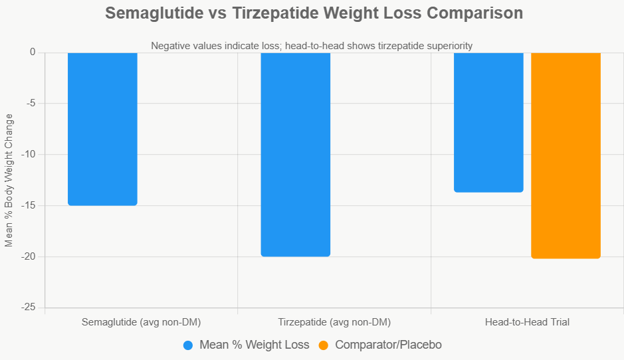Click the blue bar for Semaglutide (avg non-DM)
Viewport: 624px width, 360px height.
[x=102, y=129]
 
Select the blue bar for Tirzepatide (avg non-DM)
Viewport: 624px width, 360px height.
[x=295, y=154]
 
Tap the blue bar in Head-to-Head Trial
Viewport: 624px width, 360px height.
[x=488, y=122]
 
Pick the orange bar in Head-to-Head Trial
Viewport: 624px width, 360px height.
[x=566, y=155]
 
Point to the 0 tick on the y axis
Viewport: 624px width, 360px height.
[x=32, y=52]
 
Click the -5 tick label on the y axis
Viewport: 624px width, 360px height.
[x=30, y=104]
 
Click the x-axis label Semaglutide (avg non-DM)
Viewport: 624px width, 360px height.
[x=141, y=323]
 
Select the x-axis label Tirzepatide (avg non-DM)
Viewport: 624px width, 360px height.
[x=334, y=323]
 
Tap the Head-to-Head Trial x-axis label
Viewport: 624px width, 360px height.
[x=527, y=323]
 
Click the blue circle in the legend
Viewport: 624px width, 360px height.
[x=188, y=345]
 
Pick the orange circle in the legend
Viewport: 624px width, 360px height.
[x=324, y=345]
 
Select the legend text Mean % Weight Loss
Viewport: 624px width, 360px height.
[x=255, y=345]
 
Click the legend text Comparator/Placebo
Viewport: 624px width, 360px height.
[x=388, y=345]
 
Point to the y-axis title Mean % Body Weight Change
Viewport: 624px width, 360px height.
[x=9, y=180]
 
